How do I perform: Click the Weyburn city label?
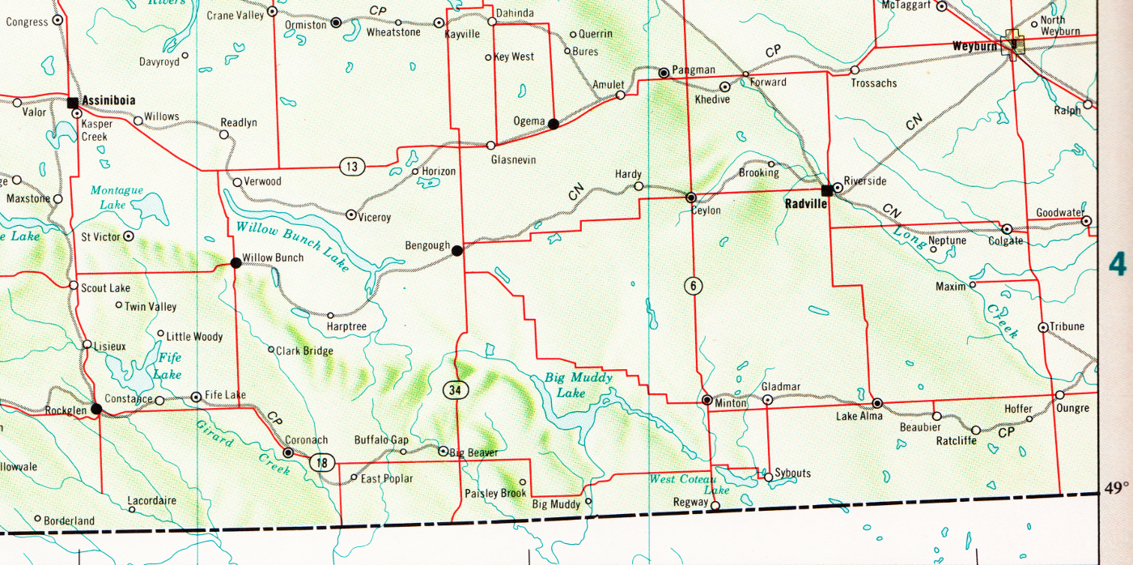click(975, 46)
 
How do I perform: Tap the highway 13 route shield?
click(352, 167)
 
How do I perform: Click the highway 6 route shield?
click(693, 285)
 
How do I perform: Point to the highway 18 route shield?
click(321, 462)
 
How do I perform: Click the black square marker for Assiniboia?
click(73, 102)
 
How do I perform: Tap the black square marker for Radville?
click(826, 191)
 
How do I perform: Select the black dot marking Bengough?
click(457, 251)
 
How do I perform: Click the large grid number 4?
click(1118, 265)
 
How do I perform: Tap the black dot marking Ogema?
click(554, 124)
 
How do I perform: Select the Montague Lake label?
click(117, 198)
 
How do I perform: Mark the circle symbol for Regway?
click(715, 507)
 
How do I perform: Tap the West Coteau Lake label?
click(685, 484)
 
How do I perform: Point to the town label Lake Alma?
click(859, 416)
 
